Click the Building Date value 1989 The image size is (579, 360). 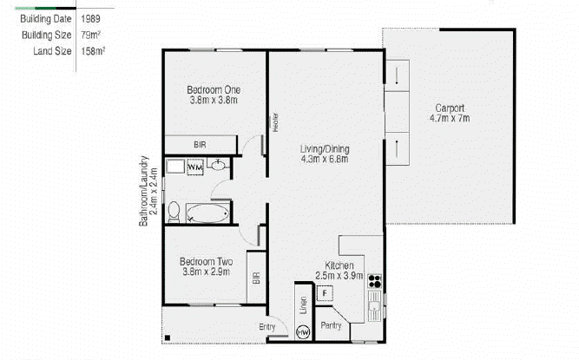[90, 19]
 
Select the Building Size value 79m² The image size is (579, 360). [91, 35]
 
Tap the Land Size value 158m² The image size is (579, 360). [93, 51]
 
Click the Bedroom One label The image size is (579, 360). [214, 90]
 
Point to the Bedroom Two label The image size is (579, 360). [206, 261]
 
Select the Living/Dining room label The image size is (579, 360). [325, 149]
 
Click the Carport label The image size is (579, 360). [450, 108]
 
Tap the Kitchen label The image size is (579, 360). [339, 265]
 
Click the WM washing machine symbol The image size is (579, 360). [195, 167]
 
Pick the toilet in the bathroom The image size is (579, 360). [174, 212]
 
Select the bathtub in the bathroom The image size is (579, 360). [207, 213]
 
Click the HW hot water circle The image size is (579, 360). [304, 332]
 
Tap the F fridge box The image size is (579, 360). [325, 293]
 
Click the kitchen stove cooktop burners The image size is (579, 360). [375, 281]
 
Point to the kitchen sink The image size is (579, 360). [375, 305]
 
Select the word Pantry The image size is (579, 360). [331, 325]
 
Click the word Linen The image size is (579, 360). [304, 305]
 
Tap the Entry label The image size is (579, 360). [267, 327]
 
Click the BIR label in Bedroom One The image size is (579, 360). [200, 145]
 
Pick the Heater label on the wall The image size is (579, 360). [275, 123]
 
